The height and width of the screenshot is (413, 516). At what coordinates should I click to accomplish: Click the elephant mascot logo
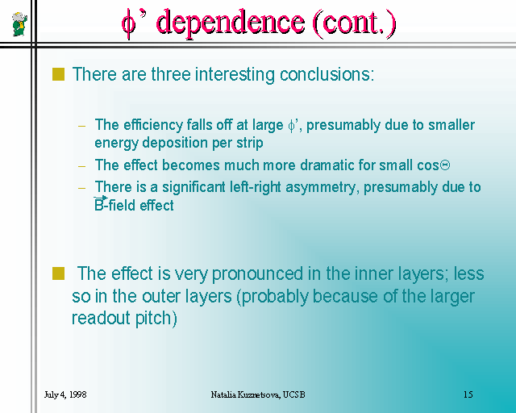(x=19, y=23)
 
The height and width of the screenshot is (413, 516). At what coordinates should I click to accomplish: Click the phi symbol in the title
(x=128, y=24)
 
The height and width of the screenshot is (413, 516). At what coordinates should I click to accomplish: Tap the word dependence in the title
(x=231, y=23)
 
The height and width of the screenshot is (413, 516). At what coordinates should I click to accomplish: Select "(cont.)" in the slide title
(x=354, y=23)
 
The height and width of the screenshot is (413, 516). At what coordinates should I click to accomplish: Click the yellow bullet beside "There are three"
(x=58, y=74)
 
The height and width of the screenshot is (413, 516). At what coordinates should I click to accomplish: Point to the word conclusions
(x=327, y=74)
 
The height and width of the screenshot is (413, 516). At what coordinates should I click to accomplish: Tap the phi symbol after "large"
(x=292, y=126)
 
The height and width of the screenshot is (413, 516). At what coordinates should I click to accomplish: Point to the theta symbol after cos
(x=445, y=165)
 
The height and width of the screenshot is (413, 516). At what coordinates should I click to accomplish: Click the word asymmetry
(x=321, y=188)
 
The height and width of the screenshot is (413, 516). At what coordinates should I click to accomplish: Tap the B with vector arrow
(x=100, y=204)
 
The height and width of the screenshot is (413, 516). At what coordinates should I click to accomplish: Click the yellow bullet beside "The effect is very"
(x=58, y=273)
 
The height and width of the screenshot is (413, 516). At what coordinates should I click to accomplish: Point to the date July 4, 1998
(x=65, y=394)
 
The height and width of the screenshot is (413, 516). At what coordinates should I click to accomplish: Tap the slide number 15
(x=468, y=394)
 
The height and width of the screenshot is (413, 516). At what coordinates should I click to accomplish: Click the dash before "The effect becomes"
(x=82, y=166)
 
